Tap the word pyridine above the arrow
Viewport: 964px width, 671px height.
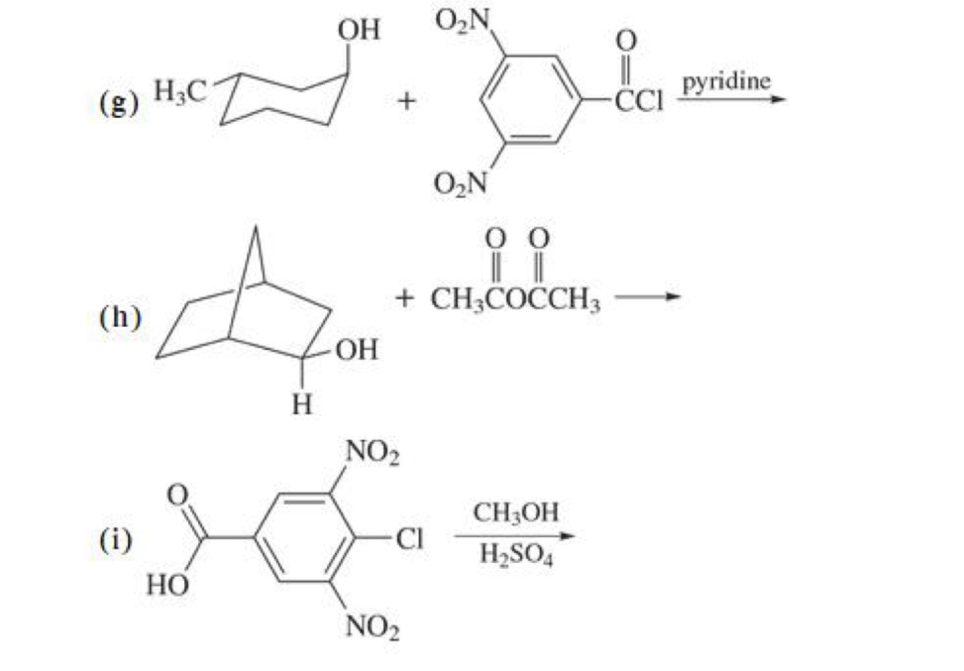[726, 80]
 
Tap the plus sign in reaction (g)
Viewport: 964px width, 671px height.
[406, 101]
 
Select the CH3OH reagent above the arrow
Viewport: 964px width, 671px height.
[516, 512]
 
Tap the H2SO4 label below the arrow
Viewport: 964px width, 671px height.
[516, 556]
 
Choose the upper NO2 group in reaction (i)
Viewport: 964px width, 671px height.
[372, 455]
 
